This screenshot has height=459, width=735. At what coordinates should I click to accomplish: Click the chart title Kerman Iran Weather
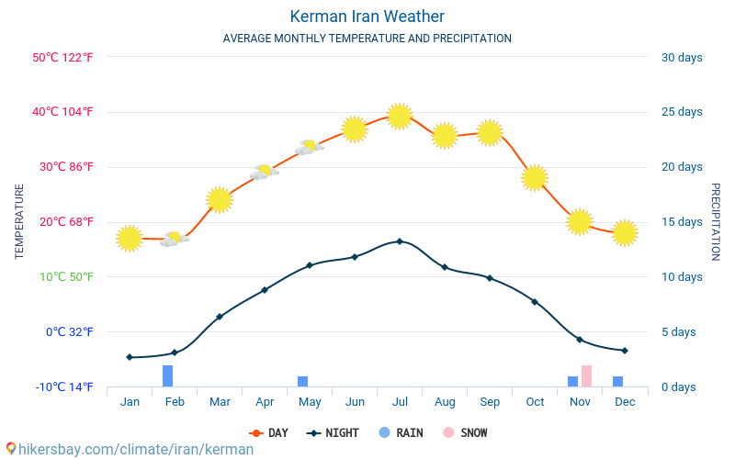[367, 17]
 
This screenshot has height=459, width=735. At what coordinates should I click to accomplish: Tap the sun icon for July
[399, 116]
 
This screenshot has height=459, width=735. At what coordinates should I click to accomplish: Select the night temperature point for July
[400, 241]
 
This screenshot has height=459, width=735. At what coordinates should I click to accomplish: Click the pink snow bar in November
[586, 376]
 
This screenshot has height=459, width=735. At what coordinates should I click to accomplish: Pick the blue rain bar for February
[168, 376]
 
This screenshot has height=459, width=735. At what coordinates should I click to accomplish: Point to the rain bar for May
[302, 382]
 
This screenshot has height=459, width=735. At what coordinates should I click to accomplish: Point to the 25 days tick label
[682, 112]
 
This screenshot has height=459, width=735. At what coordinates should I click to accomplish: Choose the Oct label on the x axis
[535, 402]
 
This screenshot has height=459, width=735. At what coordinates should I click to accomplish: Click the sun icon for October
[535, 177]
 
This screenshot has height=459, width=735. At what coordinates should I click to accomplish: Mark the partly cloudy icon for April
[265, 172]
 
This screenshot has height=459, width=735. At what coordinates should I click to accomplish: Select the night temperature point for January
[130, 357]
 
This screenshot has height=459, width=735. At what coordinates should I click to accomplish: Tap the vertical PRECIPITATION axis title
[715, 221]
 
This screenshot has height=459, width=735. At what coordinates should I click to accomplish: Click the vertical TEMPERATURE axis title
[19, 221]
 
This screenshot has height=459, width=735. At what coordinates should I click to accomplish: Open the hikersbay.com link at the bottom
[129, 450]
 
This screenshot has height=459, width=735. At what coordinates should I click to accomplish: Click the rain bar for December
[618, 382]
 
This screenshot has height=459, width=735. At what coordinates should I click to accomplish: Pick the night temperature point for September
[490, 278]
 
